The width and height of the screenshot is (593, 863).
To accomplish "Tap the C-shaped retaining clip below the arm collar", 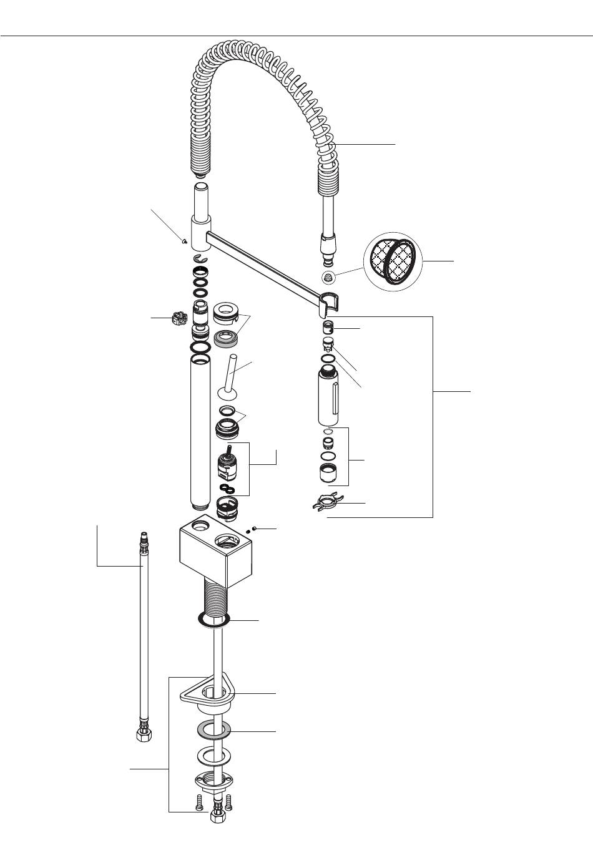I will coord(200,258).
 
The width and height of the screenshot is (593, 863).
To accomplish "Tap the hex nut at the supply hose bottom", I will coord(144,734).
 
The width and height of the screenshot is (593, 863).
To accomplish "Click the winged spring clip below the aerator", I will coord(327,502).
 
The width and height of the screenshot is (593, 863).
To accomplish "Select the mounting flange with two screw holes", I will coord(212,779).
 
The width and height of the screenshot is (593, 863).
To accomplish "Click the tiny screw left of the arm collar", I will coord(183,240).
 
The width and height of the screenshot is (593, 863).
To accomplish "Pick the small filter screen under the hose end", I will coord(328,276).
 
